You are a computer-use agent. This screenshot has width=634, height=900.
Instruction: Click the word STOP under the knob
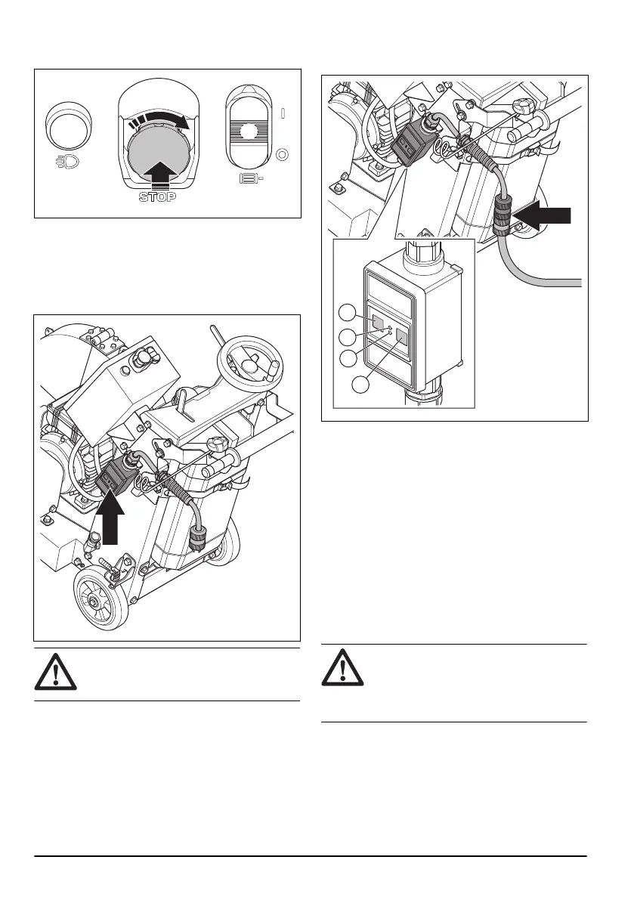(157, 197)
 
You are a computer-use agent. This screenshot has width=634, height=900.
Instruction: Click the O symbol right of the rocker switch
(282, 156)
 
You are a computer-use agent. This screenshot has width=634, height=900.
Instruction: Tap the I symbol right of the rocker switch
(282, 114)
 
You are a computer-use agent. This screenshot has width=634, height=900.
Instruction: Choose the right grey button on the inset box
(402, 336)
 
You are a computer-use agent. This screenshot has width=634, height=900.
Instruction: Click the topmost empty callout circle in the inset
(348, 312)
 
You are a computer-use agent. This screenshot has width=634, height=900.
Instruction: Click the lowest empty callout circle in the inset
(362, 385)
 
